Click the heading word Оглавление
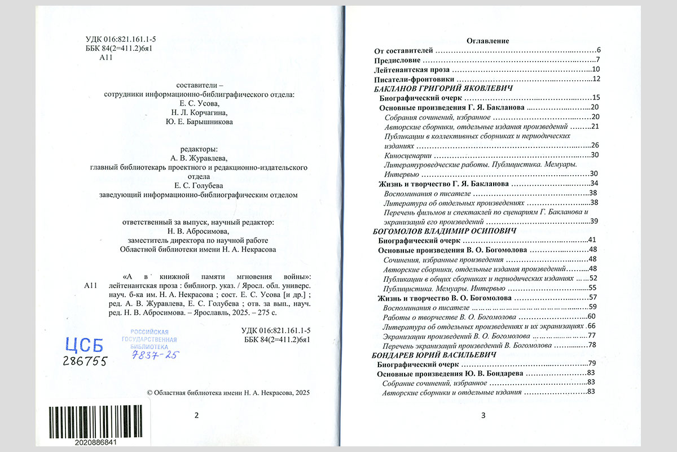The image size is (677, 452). (x=488, y=41)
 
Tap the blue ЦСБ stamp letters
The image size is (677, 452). (x=84, y=345)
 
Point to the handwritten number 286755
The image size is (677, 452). (x=85, y=362)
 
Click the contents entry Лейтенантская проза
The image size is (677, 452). (x=412, y=69)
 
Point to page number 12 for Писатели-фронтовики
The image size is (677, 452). (x=595, y=79)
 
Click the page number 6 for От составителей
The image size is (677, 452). (x=598, y=51)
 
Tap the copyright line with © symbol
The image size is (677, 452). (x=228, y=393)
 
